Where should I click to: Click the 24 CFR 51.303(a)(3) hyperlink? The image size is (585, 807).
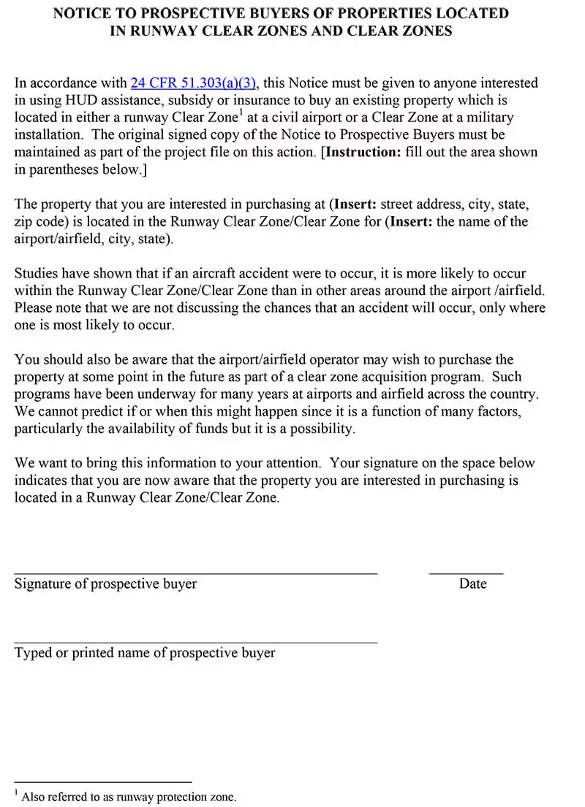(x=193, y=83)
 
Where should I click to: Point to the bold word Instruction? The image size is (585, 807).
(x=361, y=152)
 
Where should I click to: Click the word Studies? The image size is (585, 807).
(x=36, y=273)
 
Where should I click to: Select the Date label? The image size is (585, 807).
(x=472, y=584)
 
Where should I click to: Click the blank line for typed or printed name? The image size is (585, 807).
(x=195, y=642)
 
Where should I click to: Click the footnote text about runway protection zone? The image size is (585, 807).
(x=129, y=797)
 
